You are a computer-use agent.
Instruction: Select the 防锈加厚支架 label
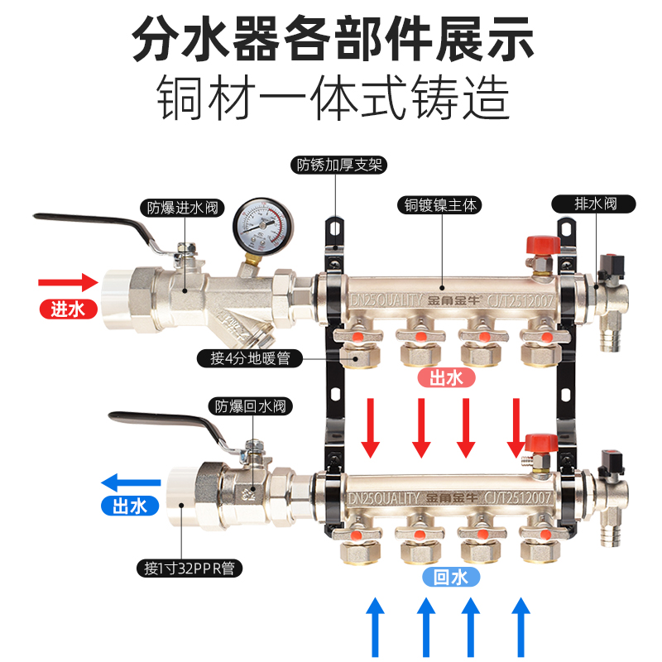coord(335,164)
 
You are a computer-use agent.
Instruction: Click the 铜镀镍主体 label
coord(439,204)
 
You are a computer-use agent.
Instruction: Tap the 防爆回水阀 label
coord(252,405)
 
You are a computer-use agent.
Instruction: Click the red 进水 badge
coord(68,309)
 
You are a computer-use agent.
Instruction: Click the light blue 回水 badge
coord(452,577)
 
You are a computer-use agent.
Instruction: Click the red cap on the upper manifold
coord(540,247)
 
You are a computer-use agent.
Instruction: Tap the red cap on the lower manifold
coord(540,442)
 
